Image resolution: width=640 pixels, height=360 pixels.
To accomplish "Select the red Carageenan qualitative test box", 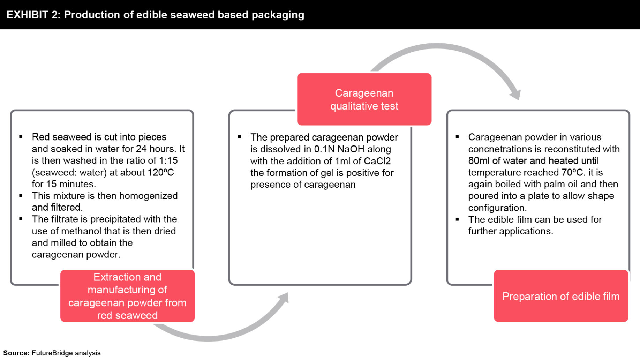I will tap(364, 99).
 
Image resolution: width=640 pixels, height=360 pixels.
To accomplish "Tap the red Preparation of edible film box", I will tap(561, 296).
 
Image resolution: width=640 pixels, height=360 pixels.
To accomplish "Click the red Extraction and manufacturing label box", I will tap(127, 296).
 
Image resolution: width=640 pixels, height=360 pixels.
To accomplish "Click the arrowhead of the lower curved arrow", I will tap(284, 298).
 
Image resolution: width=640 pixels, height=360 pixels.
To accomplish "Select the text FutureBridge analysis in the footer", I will tap(66, 353).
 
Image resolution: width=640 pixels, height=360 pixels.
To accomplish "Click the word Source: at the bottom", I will tap(16, 353).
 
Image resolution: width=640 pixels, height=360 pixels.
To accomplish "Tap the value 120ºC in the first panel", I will tap(161, 172).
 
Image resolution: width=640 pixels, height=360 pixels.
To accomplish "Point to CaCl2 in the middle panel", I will tap(377, 161).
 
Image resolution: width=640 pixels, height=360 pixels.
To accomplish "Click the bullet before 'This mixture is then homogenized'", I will tap(21, 196).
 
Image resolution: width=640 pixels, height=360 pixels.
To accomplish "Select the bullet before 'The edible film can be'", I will tap(457, 219).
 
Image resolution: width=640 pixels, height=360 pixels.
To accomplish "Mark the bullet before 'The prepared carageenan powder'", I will tap(240, 137).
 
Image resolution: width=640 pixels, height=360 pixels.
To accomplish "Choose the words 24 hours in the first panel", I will tap(156, 149).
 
